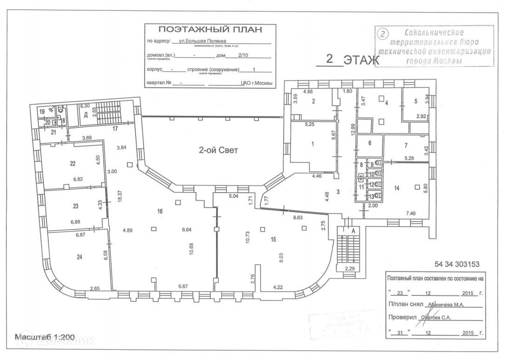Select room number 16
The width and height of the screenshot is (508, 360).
[x=160, y=211]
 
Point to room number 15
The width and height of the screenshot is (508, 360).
[x=274, y=240]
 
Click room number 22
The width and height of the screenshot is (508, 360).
[x=73, y=163]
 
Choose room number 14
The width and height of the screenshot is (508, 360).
[x=396, y=188]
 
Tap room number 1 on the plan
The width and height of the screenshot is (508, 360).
[x=313, y=144]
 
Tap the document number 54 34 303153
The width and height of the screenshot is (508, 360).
[x=457, y=264]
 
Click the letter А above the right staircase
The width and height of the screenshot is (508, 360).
[x=353, y=230]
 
